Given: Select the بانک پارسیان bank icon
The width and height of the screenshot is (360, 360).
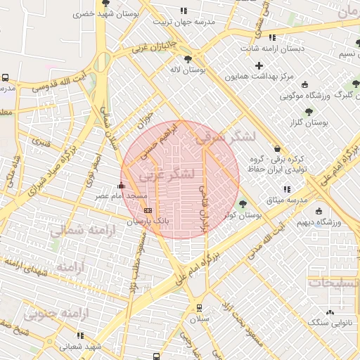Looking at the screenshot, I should click(147, 210).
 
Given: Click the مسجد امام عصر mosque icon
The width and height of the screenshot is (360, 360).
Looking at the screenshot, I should click(122, 186).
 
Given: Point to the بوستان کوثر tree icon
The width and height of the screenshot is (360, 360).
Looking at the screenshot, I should click(243, 205).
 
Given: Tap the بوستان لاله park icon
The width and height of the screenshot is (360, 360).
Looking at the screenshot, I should click(187, 59).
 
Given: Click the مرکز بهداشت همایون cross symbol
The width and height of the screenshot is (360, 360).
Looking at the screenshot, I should click(259, 65).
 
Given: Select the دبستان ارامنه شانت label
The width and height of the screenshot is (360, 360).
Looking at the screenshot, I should click(274, 49).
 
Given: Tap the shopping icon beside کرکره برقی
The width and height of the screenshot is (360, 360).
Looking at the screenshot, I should click(276, 148).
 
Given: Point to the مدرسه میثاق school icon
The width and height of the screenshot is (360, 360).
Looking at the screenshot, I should click(286, 189).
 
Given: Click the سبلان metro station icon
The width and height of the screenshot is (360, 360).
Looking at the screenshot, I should click(199, 307).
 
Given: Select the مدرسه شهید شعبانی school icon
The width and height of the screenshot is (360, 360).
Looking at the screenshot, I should click(79, 335).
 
